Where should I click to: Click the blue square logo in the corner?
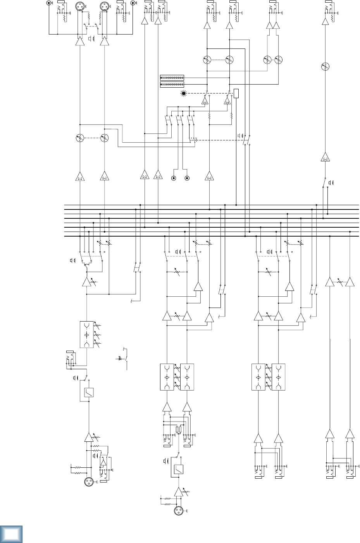point(11,534)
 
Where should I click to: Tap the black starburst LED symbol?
point(184,93)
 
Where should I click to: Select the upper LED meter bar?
point(172,78)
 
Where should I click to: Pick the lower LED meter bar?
point(172,84)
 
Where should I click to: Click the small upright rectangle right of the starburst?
point(236,93)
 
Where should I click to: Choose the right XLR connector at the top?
point(104,7)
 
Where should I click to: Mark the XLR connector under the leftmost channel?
point(88,481)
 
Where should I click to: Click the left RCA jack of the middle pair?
point(174,178)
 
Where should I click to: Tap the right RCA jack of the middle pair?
point(187,178)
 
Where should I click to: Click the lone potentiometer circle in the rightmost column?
point(325,66)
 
